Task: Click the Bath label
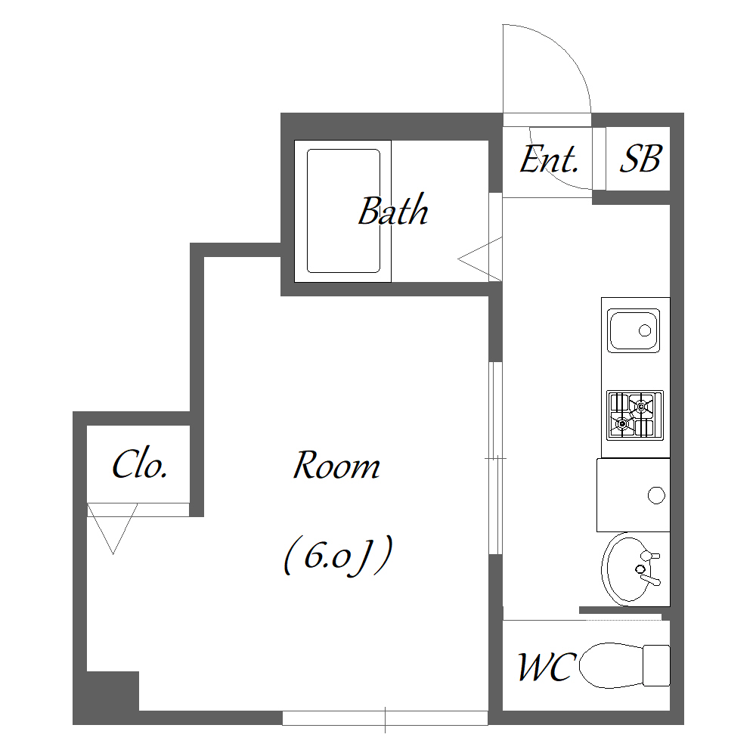393,211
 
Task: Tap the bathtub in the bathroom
343,211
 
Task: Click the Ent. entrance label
549,159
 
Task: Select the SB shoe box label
640,159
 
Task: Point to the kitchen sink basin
633,330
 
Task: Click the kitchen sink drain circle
645,331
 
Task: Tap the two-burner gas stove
635,415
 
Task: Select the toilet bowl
611,665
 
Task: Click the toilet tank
657,665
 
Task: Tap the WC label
547,667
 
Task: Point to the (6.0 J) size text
338,556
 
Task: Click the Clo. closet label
140,464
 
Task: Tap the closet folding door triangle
113,528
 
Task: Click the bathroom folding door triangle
480,259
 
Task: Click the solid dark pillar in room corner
113,690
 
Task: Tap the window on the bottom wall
386,717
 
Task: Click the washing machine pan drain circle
656,495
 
